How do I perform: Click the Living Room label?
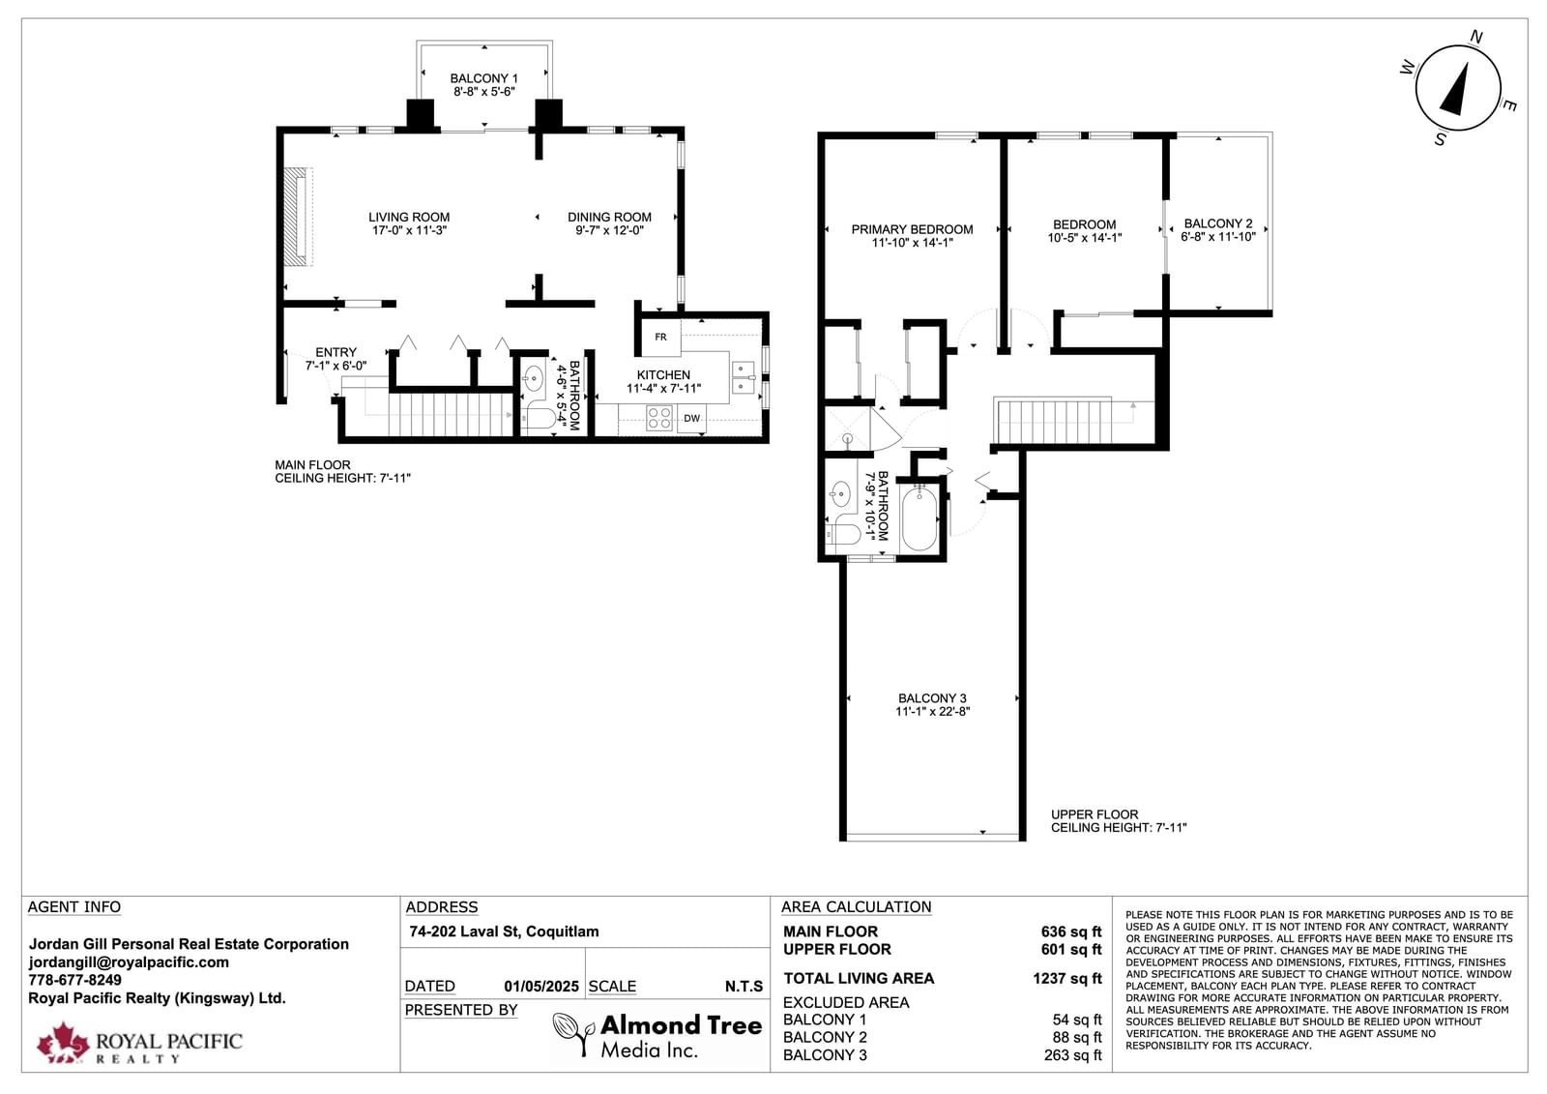pyautogui.click(x=409, y=217)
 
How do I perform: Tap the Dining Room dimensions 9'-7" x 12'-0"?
pyautogui.click(x=609, y=230)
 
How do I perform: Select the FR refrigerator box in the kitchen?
pyautogui.click(x=661, y=338)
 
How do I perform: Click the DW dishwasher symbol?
pyautogui.click(x=691, y=418)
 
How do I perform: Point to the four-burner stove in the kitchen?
pyautogui.click(x=658, y=418)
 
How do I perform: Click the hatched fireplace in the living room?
pyautogui.click(x=299, y=217)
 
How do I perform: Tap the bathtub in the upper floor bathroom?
pyautogui.click(x=919, y=517)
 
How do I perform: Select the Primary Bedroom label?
pyautogui.click(x=912, y=229)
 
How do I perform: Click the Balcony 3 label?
pyautogui.click(x=932, y=698)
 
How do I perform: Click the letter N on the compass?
pyautogui.click(x=1475, y=37)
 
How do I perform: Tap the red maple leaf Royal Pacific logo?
pyautogui.click(x=63, y=1042)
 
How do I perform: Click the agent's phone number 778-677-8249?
pyautogui.click(x=74, y=980)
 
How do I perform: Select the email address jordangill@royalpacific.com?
pyautogui.click(x=129, y=962)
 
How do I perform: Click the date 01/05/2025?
pyautogui.click(x=541, y=987)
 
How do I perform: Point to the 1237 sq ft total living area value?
pyautogui.click(x=1067, y=979)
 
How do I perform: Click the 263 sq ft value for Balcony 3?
pyautogui.click(x=1072, y=1055)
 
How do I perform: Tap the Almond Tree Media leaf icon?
pyautogui.click(x=574, y=1034)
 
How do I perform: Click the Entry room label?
pyautogui.click(x=336, y=352)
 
